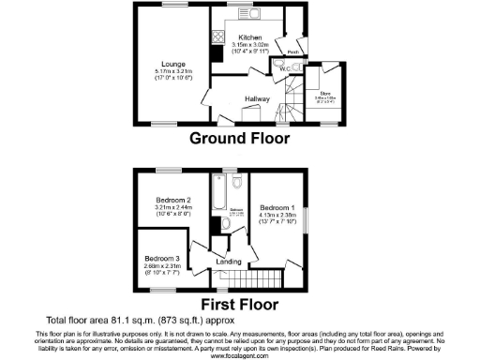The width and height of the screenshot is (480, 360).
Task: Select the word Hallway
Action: [x=258, y=98]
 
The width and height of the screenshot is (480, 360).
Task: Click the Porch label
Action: [x=292, y=52]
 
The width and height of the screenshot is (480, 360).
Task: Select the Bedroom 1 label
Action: [x=277, y=206]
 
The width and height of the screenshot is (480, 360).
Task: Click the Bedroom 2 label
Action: [x=176, y=200]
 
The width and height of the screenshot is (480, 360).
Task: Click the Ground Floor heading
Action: [x=239, y=139]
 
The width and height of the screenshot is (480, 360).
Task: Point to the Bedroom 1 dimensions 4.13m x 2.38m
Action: [x=277, y=214]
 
